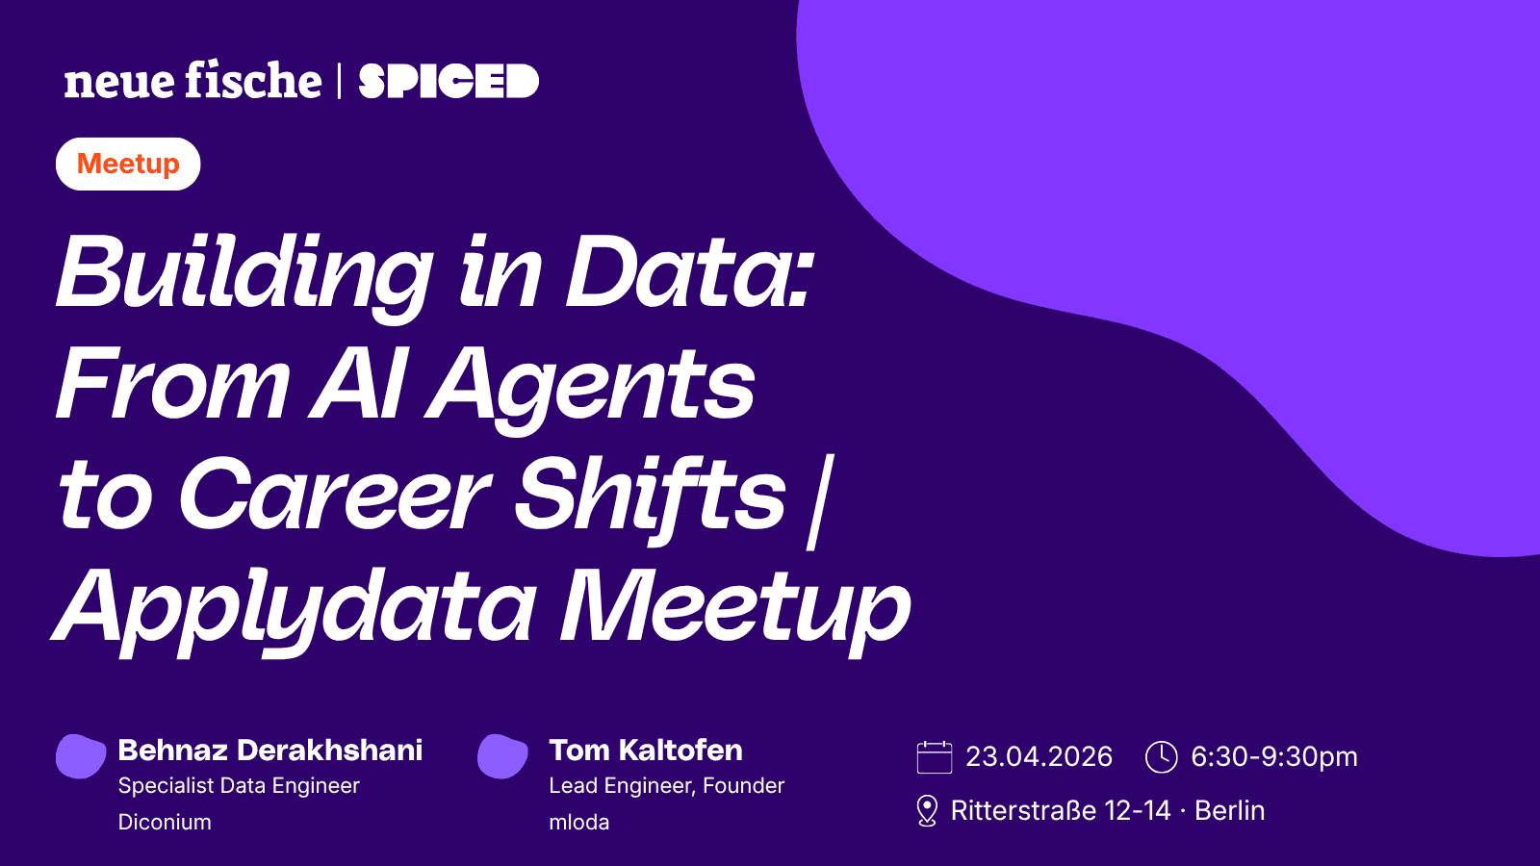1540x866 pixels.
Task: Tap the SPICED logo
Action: (449, 81)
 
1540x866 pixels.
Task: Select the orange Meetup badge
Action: (128, 164)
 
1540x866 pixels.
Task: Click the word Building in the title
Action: (244, 275)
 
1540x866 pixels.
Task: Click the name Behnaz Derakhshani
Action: (270, 750)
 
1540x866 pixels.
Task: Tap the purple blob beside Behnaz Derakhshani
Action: (81, 756)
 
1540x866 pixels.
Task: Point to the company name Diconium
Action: (165, 822)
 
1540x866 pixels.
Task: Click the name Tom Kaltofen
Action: (646, 750)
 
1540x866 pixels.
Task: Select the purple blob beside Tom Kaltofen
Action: (502, 756)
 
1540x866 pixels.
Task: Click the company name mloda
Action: (578, 822)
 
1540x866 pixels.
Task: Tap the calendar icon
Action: (935, 756)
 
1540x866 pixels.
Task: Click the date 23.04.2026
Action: (1039, 756)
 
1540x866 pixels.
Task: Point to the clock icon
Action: (1161, 756)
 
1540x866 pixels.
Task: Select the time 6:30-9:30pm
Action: (1274, 756)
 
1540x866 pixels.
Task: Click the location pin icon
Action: (927, 810)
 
